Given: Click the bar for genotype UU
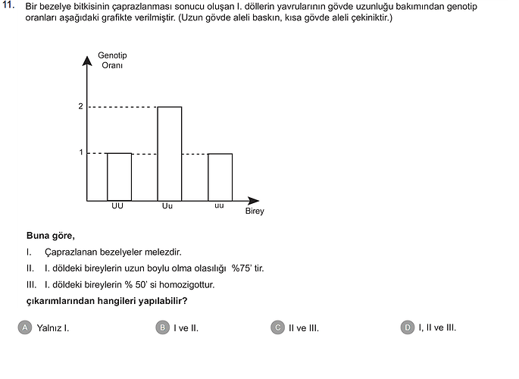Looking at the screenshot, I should [119, 177].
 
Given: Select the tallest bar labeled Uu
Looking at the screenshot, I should [169, 153].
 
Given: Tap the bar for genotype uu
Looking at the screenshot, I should [220, 177].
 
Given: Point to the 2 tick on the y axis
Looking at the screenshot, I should [80, 107].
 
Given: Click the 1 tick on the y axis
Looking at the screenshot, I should [80, 154].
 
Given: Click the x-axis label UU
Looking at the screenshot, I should [117, 206].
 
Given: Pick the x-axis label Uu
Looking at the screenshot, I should [167, 206].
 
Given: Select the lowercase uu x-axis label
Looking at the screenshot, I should [219, 206].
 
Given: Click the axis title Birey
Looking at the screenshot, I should [255, 211].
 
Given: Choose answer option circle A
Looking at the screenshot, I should [26, 327].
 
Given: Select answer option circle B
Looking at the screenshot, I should [162, 327].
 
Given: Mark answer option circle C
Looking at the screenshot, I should [277, 327].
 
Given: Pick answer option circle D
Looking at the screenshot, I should [408, 327].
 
